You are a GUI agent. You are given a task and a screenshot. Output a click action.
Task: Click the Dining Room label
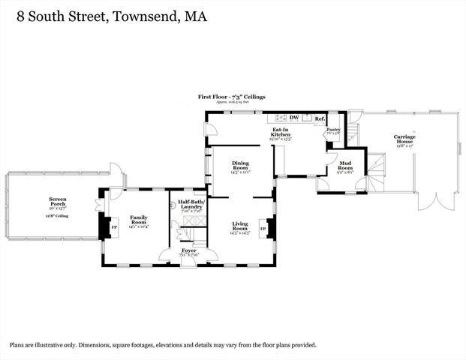[x=240, y=166]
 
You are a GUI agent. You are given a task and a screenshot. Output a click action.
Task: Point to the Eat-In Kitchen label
[x=281, y=133]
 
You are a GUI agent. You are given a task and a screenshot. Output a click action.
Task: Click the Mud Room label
[x=345, y=166]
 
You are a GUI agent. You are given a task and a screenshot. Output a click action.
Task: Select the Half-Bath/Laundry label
[x=191, y=203]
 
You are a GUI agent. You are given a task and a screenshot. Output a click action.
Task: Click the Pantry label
[x=333, y=130]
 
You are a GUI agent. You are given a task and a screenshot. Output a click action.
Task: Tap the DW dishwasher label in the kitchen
[x=295, y=118]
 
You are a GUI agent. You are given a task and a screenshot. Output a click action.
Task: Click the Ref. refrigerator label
[x=319, y=118]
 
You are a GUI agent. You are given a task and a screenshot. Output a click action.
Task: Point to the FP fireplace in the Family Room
[x=114, y=226]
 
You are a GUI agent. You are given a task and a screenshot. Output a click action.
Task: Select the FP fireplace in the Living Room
[x=263, y=226]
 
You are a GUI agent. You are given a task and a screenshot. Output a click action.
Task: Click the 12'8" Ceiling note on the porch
[x=58, y=215]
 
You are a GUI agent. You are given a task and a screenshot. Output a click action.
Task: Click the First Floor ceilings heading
[x=231, y=97]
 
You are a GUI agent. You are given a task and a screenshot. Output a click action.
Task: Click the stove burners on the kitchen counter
[x=281, y=118]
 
